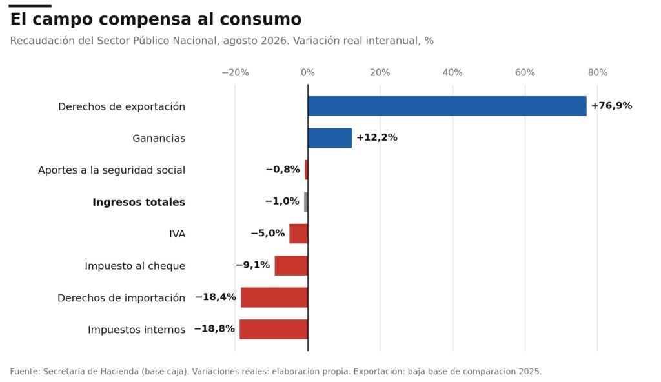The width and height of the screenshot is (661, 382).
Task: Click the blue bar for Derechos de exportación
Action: pyautogui.click(x=447, y=106)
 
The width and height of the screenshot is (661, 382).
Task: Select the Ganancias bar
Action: pyautogui.click(x=330, y=138)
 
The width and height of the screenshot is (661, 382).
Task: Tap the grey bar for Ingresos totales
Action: pyautogui.click(x=306, y=202)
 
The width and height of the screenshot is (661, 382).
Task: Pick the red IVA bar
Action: pyautogui.click(x=298, y=234)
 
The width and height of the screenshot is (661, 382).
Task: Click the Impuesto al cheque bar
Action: pyautogui.click(x=291, y=266)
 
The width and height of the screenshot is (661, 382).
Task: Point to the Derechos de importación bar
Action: pyautogui.click(x=274, y=297)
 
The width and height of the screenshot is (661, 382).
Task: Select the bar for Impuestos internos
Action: pyautogui.click(x=274, y=329)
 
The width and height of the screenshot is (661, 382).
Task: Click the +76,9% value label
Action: pyautogui.click(x=611, y=106)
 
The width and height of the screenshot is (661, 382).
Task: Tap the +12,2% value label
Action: pyautogui.click(x=377, y=137)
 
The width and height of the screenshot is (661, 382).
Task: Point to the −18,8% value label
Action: pyautogui.click(x=214, y=329)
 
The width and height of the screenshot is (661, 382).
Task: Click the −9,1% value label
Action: pyautogui.click(x=252, y=265)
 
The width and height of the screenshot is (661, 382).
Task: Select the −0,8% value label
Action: pyautogui.click(x=283, y=170)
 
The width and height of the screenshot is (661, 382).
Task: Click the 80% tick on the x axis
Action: pyautogui.click(x=597, y=72)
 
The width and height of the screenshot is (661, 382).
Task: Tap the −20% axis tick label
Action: pyautogui.click(x=235, y=72)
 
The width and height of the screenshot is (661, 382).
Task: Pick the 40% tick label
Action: pyautogui.click(x=453, y=72)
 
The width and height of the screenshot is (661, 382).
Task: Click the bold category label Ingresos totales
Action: pyautogui.click(x=139, y=203)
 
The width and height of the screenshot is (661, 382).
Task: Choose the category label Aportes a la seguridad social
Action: pyautogui.click(x=112, y=170)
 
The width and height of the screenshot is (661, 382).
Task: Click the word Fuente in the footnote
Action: pyautogui.click(x=25, y=372)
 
